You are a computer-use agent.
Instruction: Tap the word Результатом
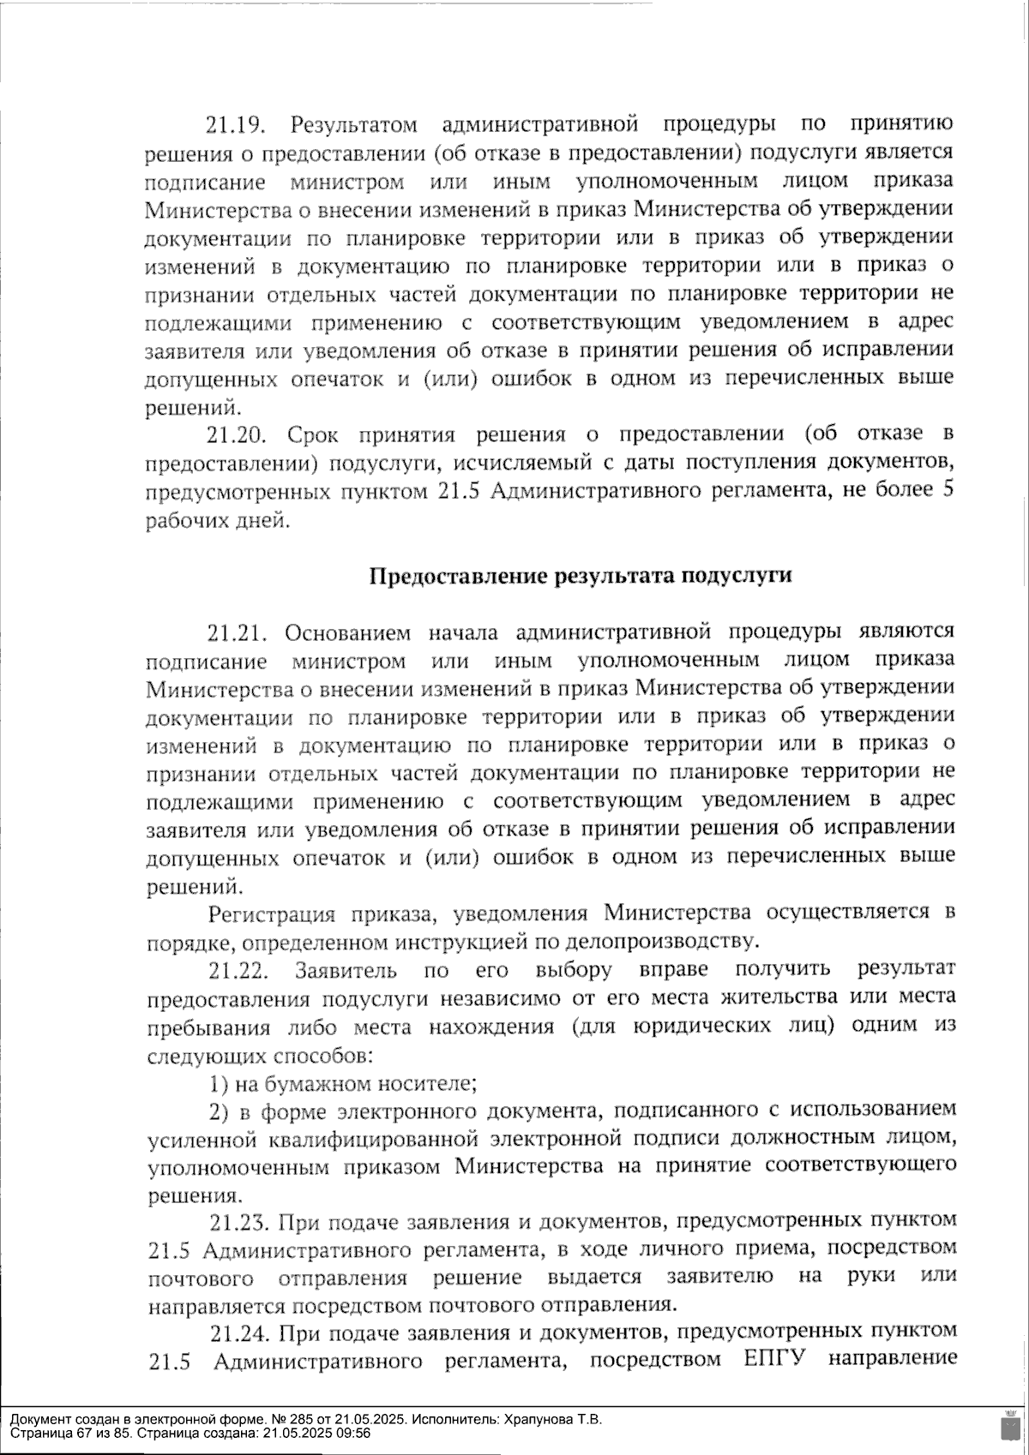[354, 126]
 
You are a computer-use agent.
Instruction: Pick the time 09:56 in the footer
[354, 1433]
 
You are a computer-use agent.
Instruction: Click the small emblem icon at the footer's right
[1008, 1425]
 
